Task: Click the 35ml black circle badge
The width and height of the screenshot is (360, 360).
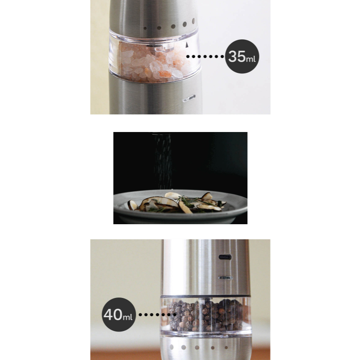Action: [x=242, y=57]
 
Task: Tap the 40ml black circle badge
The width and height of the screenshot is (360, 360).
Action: [x=119, y=315]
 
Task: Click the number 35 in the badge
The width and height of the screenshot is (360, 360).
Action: [x=237, y=56]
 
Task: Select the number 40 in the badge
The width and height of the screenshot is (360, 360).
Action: [x=113, y=314]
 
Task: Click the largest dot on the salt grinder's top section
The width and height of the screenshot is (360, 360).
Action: [x=193, y=21]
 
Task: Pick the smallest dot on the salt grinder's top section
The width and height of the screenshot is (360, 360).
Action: [x=145, y=28]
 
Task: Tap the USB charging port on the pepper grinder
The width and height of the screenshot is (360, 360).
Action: [x=225, y=257]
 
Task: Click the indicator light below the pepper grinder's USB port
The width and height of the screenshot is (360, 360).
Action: [x=225, y=278]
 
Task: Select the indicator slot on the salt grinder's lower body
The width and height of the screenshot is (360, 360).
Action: [x=189, y=98]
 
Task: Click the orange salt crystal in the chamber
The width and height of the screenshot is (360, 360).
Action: [x=165, y=74]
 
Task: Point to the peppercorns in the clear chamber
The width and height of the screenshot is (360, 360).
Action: [x=206, y=315]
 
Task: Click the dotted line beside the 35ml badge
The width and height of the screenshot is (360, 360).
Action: [x=205, y=57]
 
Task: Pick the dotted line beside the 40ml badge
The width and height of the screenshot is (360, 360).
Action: [x=158, y=315]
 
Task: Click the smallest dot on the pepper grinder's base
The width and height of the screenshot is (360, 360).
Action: [x=226, y=347]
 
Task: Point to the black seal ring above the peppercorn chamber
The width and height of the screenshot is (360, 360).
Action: [x=205, y=296]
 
